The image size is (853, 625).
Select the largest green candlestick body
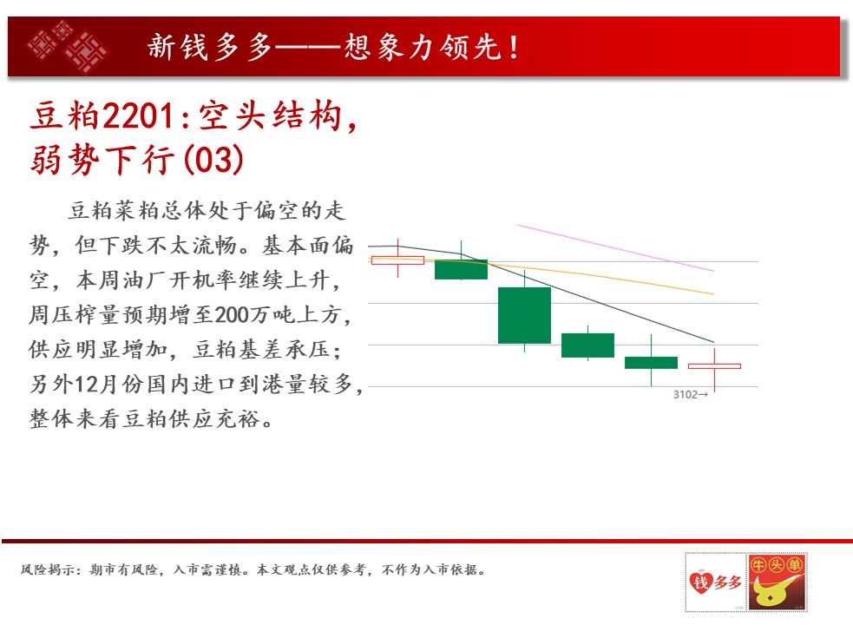pyautogui.click(x=524, y=315)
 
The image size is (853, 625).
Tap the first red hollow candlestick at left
pyautogui.click(x=397, y=260)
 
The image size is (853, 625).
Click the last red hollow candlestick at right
pyautogui.click(x=714, y=366)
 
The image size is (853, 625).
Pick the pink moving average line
pyautogui.click(x=615, y=247)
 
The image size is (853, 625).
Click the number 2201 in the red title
pyautogui.click(x=138, y=116)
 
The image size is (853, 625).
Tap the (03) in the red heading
pyautogui.click(x=213, y=159)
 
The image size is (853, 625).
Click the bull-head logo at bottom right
pyautogui.click(x=777, y=582)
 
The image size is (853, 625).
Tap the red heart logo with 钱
pyautogui.click(x=700, y=582)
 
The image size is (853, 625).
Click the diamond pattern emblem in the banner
pyautogui.click(x=68, y=46)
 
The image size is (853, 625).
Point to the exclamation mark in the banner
pyautogui.click(x=513, y=48)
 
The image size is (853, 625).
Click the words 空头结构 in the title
pyautogui.click(x=270, y=116)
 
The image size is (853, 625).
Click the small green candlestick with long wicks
pyautogui.click(x=651, y=363)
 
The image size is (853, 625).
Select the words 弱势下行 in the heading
pyautogui.click(x=102, y=160)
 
